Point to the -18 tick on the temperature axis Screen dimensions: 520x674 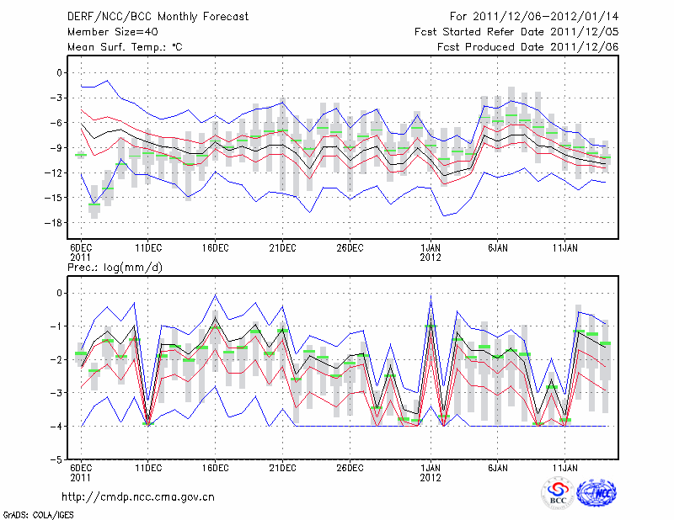53,223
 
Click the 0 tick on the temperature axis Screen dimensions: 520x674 59,73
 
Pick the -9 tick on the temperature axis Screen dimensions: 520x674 56,148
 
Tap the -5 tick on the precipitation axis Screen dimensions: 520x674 56,461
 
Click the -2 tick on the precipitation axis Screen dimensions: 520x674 56,360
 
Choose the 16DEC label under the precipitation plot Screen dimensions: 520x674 215,467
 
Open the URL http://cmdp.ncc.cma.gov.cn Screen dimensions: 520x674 138,497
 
